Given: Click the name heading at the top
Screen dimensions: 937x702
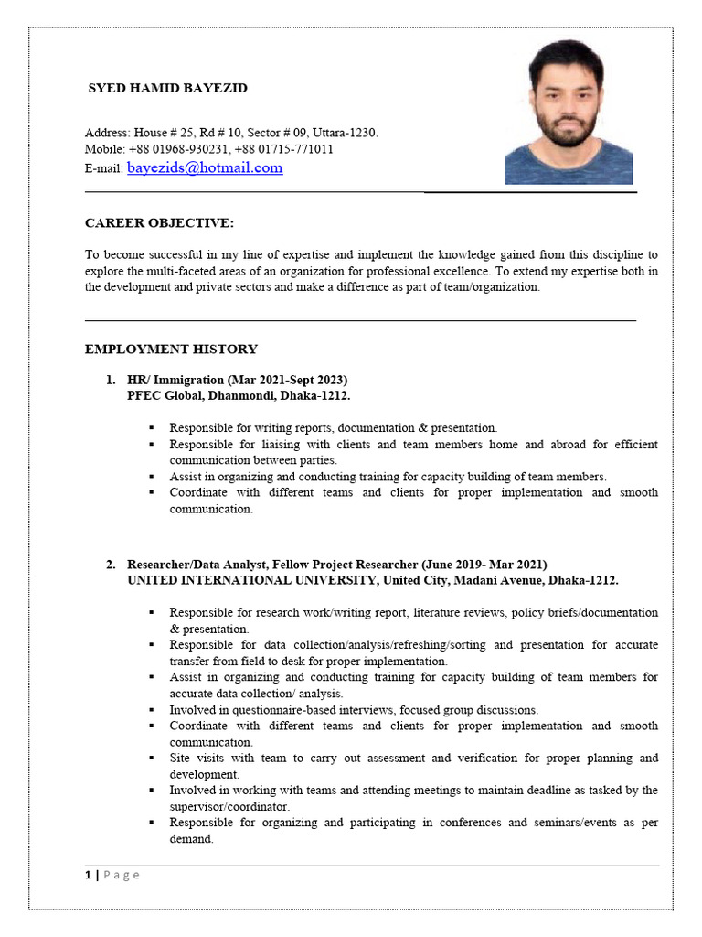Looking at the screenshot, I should (x=167, y=89).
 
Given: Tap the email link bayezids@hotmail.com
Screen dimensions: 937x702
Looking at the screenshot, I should (x=205, y=167).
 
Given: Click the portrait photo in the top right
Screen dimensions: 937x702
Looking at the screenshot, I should (x=569, y=112).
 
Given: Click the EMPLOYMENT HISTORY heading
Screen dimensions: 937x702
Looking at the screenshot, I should (x=171, y=349).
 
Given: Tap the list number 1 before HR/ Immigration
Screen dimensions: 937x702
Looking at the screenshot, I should (x=109, y=380).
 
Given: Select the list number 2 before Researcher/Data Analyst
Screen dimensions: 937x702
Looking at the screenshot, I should (x=109, y=565).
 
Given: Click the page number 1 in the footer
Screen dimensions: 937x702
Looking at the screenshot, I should (x=88, y=875).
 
